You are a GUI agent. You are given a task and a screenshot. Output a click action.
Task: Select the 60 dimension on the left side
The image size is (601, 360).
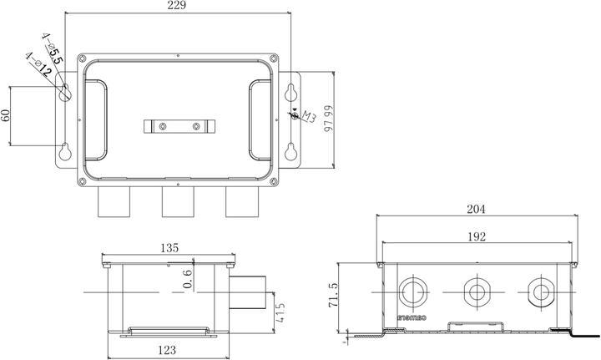pyautogui.click(x=7, y=116)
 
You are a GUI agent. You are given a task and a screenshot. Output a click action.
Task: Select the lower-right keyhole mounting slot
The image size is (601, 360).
pyautogui.click(x=290, y=152)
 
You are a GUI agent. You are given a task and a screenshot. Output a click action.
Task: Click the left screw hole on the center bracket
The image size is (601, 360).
pyautogui.click(x=163, y=127)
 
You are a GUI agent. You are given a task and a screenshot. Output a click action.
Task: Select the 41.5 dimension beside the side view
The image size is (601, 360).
pyautogui.click(x=281, y=313)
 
